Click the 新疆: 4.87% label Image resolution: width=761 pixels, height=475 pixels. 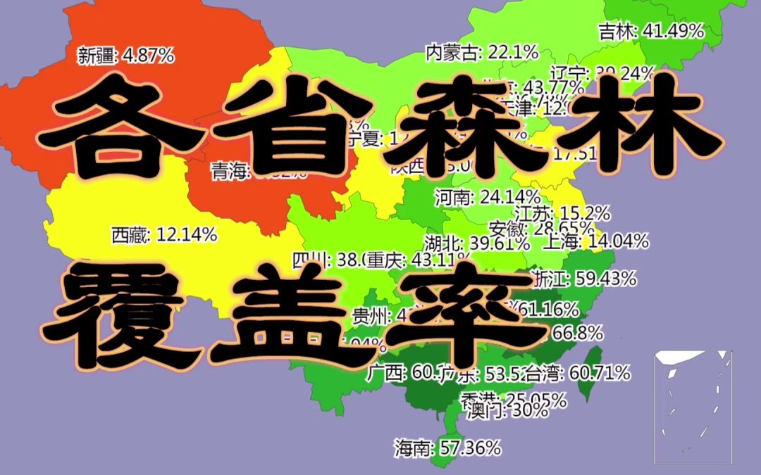tap(125, 55)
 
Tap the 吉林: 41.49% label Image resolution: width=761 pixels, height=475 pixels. tap(651, 31)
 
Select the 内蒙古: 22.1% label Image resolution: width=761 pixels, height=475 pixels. tap(482, 51)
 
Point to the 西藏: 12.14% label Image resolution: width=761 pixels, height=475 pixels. tap(163, 235)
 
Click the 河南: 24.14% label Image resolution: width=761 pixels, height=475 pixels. tap(487, 197)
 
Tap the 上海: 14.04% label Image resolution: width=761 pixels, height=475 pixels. tap(595, 242)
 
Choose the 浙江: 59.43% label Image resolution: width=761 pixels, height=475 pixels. tap(584, 279)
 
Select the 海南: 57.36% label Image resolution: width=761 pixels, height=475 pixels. tap(447, 446)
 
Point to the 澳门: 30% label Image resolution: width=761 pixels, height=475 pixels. tap(507, 410)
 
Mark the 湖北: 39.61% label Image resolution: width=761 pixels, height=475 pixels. tap(477, 243)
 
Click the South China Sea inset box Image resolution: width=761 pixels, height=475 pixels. tap(693, 406)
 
